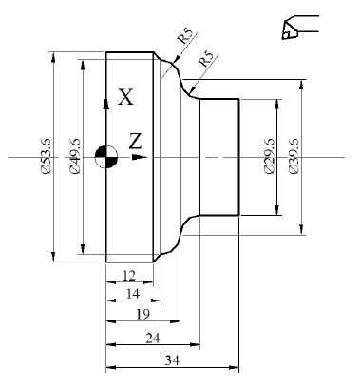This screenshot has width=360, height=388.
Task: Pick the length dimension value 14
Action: tap(133, 295)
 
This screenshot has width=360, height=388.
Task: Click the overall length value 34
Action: tap(172, 360)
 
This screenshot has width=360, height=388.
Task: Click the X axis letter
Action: tap(125, 95)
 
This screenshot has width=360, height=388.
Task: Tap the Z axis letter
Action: tap(136, 141)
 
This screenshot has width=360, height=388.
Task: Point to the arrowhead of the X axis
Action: tap(106, 79)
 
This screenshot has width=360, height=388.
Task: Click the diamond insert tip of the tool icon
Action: tap(287, 33)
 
